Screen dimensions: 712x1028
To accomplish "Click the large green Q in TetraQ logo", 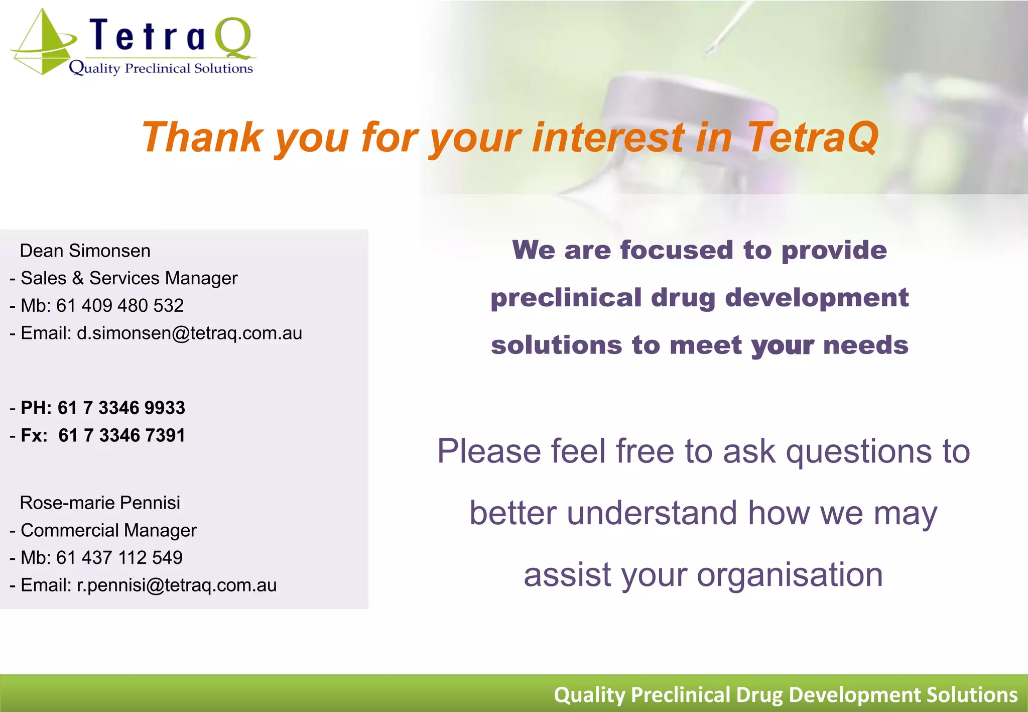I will (232, 38).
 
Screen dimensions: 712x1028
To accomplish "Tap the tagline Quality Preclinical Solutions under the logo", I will (161, 68).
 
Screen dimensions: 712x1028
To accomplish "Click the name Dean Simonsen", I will (85, 251).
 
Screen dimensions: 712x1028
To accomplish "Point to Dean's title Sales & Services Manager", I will (129, 278).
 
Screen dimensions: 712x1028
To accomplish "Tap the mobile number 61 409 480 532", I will (120, 305).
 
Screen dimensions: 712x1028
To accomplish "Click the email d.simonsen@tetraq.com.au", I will (189, 333).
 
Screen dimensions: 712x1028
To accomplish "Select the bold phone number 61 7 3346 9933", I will (121, 408).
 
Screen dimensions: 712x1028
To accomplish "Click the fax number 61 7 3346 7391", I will (121, 435).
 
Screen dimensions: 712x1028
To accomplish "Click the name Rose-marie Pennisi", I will (100, 503).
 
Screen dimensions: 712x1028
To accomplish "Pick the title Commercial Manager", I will (108, 530).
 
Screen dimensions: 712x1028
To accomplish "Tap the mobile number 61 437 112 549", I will (119, 557).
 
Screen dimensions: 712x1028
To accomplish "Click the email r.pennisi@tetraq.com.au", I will (176, 585).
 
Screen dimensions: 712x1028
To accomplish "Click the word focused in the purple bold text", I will (677, 250).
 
